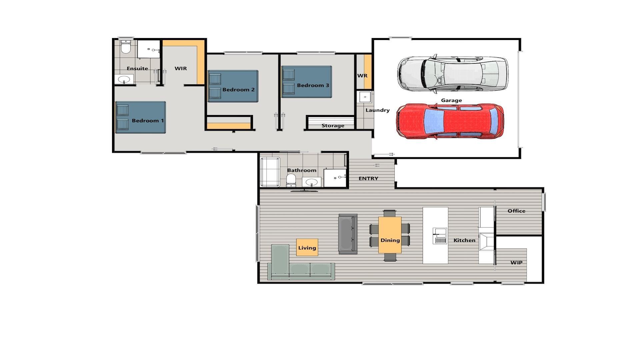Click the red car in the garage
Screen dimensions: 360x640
pyautogui.click(x=450, y=121)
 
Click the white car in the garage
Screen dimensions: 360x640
pyautogui.click(x=452, y=74)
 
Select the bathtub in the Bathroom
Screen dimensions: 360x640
pyautogui.click(x=270, y=172)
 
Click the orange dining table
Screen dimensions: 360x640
pyautogui.click(x=390, y=235)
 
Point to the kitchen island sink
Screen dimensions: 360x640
pyautogui.click(x=440, y=236)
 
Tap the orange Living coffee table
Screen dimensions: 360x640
pyautogui.click(x=307, y=247)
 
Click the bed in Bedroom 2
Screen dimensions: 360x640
pyautogui.click(x=233, y=86)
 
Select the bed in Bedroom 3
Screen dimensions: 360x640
pyautogui.click(x=306, y=82)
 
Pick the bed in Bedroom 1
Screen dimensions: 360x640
pyautogui.click(x=141, y=117)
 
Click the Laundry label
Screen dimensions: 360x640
pyautogui.click(x=377, y=110)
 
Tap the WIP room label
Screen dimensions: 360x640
pyautogui.click(x=516, y=263)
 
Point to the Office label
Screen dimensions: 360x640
pyautogui.click(x=516, y=211)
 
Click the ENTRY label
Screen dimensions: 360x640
pyautogui.click(x=368, y=179)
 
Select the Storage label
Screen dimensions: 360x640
pyautogui.click(x=333, y=126)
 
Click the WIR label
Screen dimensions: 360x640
pyautogui.click(x=181, y=68)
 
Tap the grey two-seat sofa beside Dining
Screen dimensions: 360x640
pyautogui.click(x=348, y=234)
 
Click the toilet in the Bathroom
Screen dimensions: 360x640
pyautogui.click(x=291, y=180)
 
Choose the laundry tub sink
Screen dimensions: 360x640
pyautogui.click(x=365, y=97)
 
